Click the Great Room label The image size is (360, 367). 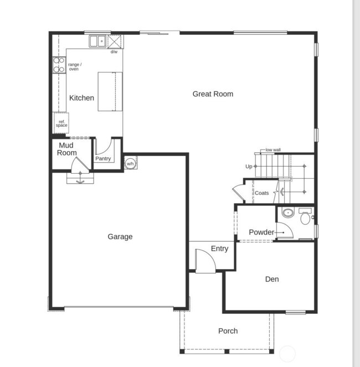[x=213, y=94]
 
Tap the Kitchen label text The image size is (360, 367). [x=81, y=98]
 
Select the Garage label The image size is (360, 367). [x=120, y=237]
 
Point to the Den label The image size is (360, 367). [x=271, y=280]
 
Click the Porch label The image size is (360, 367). [x=228, y=331]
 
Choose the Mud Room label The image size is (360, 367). [x=67, y=149]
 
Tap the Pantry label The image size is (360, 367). [x=103, y=159]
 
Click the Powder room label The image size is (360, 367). [x=261, y=232]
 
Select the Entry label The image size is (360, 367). [x=219, y=249]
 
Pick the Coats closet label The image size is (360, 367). [x=261, y=193]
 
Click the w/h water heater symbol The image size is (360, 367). [x=130, y=163]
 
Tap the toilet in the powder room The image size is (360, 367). [x=305, y=217]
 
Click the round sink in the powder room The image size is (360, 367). [x=287, y=213]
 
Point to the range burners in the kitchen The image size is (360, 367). [x=59, y=65]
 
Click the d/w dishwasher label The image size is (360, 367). [x=114, y=52]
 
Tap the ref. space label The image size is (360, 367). [x=61, y=123]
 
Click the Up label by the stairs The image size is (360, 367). [x=249, y=166]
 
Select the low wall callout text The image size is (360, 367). [x=273, y=150]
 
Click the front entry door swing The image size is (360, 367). [x=203, y=261]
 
